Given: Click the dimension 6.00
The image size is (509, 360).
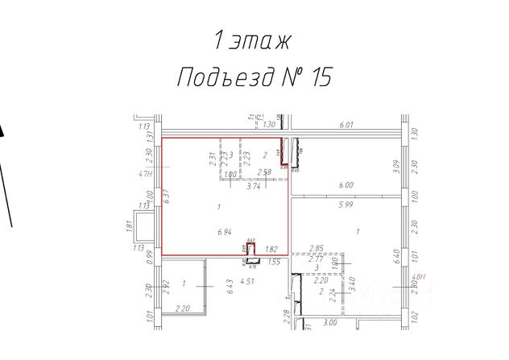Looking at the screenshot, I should pos(346,184).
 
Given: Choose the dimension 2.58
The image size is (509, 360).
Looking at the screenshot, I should pos(263,172).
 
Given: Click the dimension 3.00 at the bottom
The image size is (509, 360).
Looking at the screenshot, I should pos(329,323).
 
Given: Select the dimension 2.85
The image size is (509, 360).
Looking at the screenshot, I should pos(317,248).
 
